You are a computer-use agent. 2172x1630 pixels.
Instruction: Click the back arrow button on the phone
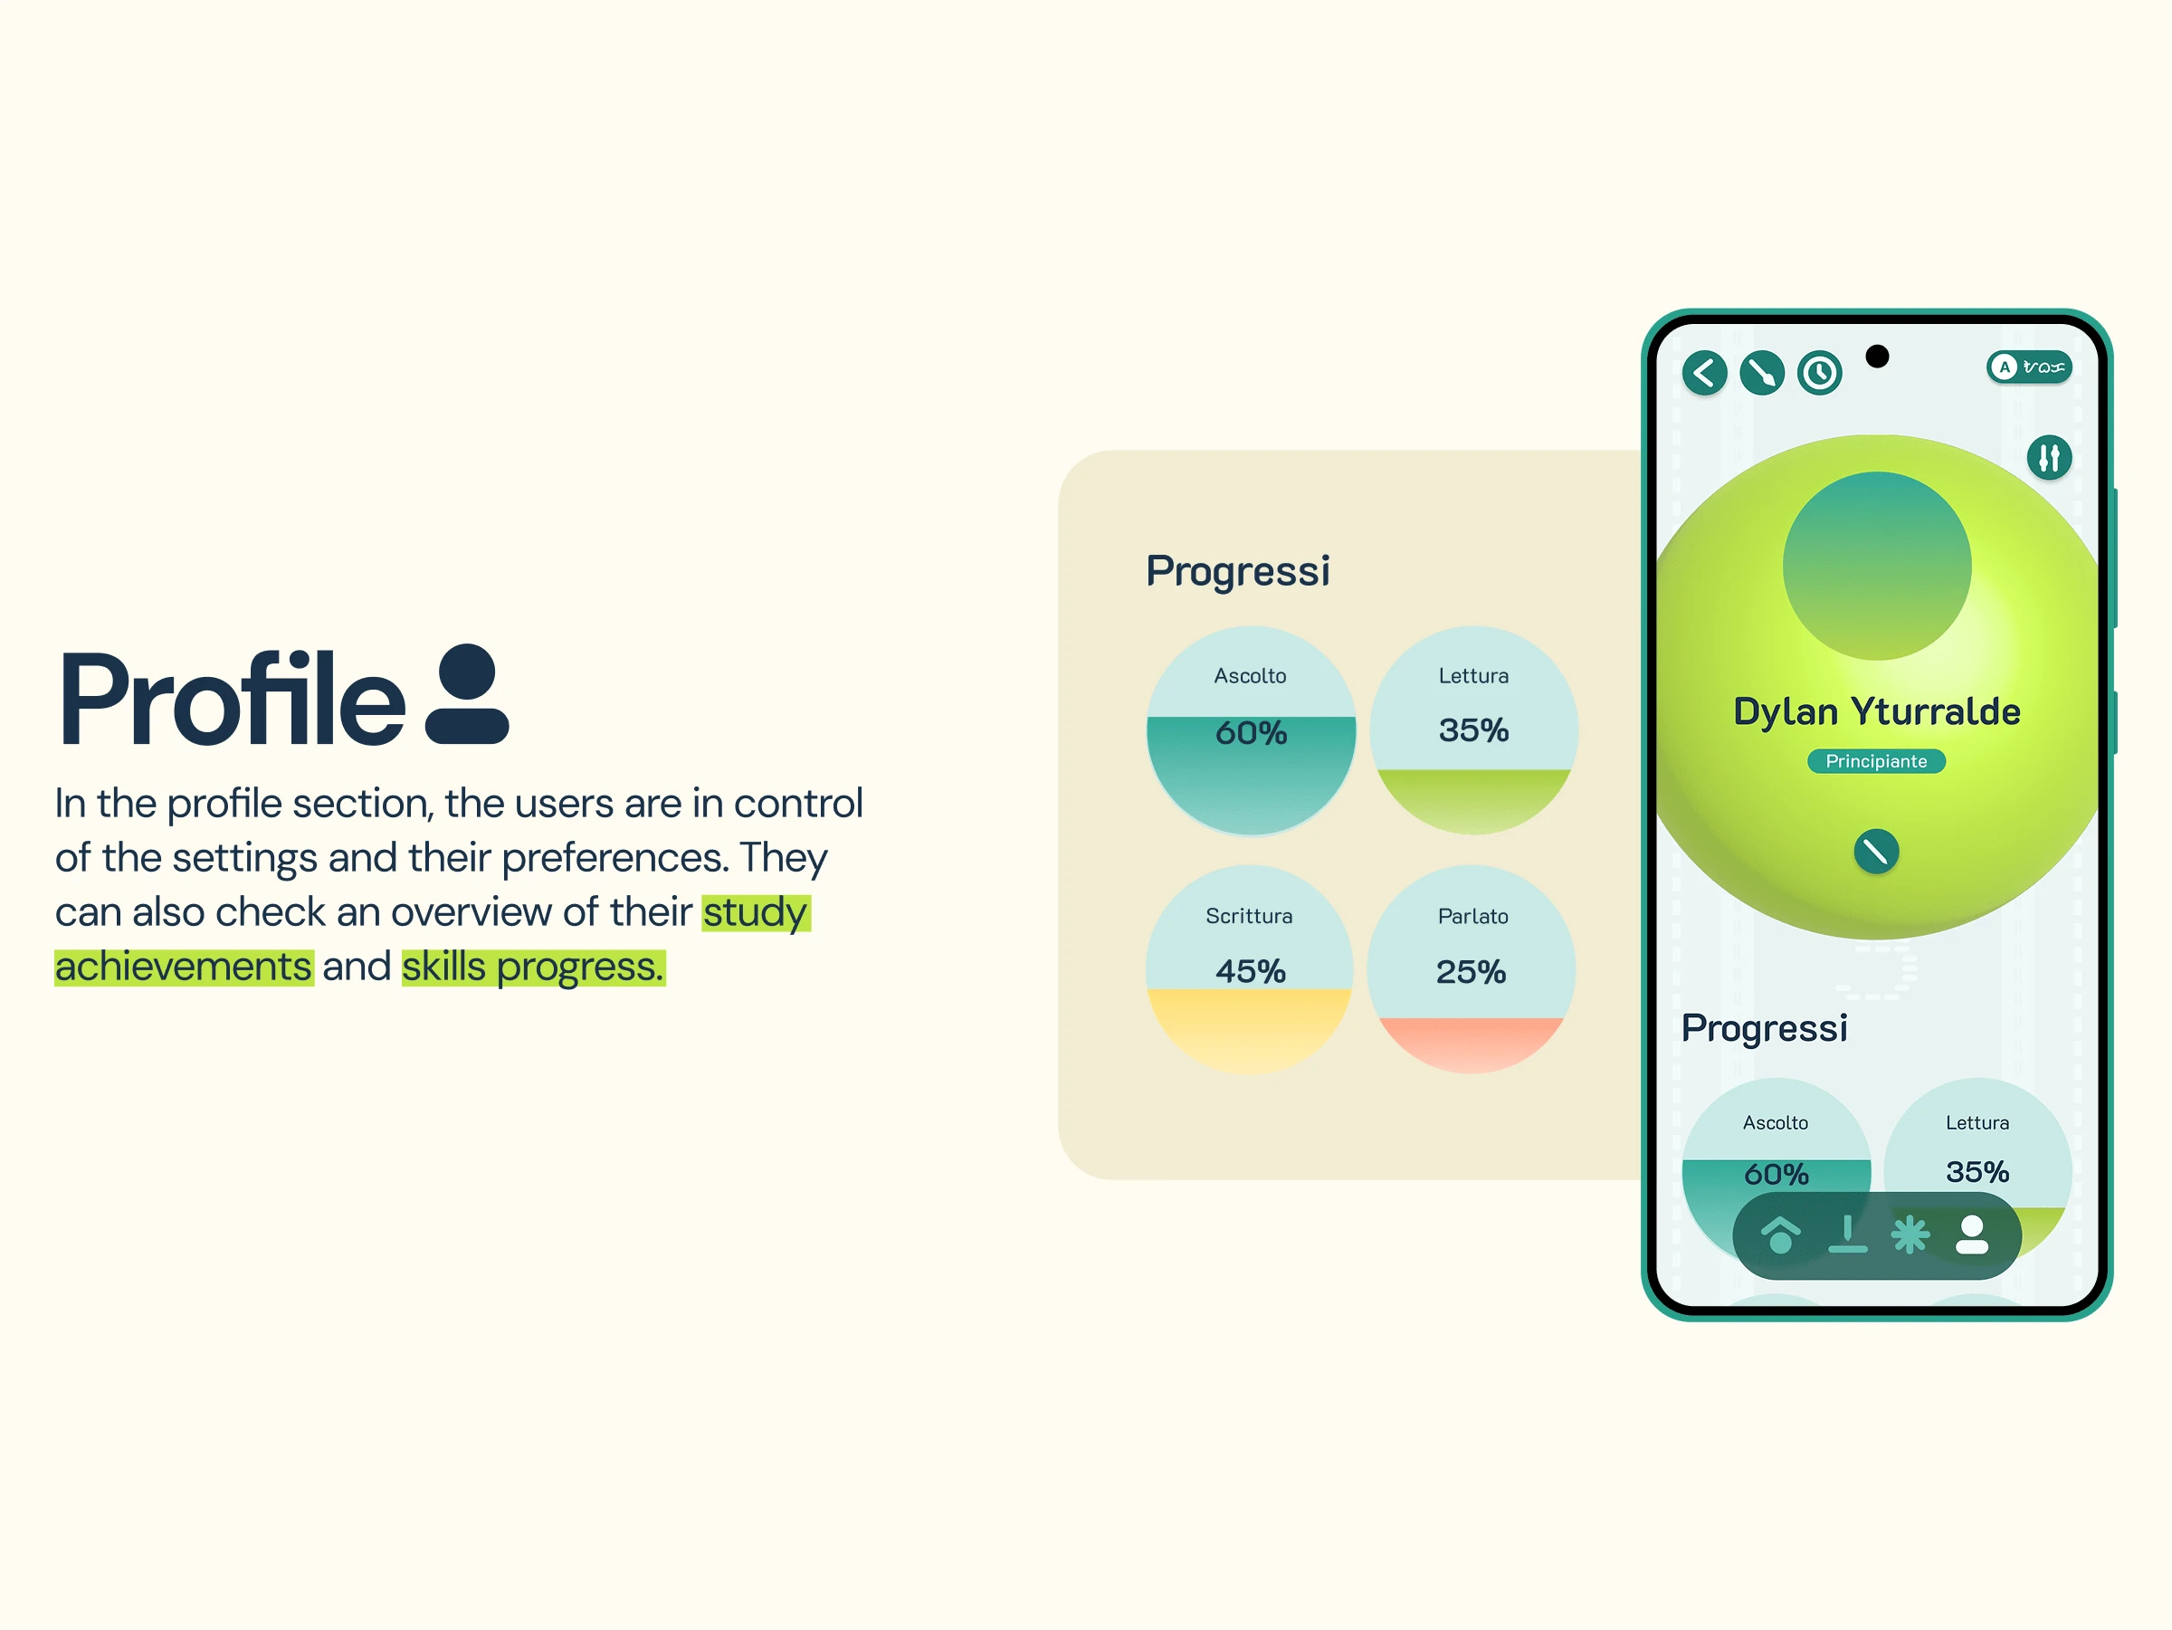1705,373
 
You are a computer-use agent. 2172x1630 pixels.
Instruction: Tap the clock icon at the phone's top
1819,373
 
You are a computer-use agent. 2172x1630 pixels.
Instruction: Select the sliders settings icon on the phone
2049,458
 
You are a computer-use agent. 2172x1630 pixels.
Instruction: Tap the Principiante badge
1876,761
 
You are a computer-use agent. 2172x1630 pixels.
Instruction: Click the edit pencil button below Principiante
1876,852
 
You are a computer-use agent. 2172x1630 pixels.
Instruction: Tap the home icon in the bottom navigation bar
1780,1235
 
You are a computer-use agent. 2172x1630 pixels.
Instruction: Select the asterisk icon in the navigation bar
1910,1235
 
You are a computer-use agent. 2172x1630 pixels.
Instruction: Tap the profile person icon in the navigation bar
1972,1235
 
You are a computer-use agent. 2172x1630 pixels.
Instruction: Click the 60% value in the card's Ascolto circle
1251,733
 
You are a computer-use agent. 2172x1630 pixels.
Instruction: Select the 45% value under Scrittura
1251,972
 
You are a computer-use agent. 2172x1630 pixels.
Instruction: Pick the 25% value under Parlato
1471,972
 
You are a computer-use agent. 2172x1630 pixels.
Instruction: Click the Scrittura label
1249,916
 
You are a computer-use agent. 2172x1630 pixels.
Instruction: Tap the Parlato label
1472,916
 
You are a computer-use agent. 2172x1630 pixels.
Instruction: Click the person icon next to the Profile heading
467,693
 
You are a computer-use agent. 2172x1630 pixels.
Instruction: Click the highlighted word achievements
184,968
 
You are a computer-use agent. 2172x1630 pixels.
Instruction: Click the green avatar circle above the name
1876,567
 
